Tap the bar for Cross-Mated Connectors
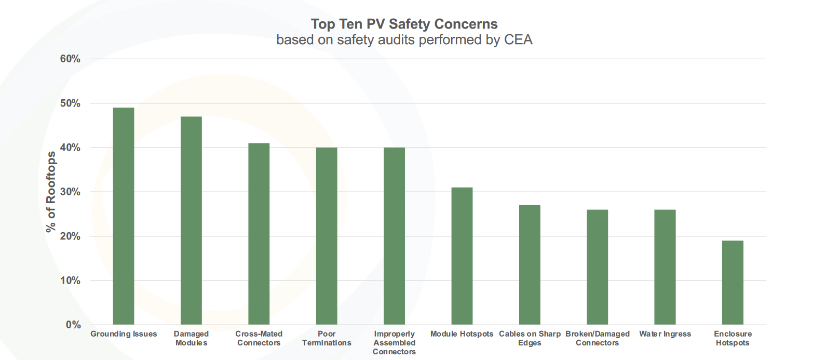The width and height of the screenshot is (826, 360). tap(259, 234)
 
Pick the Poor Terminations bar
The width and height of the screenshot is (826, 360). tap(327, 236)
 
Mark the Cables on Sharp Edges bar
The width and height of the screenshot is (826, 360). tap(530, 265)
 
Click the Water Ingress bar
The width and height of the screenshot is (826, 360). tap(665, 267)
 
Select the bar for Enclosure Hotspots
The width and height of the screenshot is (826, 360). tap(733, 283)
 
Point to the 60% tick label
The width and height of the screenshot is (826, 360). tap(70, 59)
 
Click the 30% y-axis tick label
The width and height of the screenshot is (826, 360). tap(70, 192)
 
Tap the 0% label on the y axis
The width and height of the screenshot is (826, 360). tap(73, 325)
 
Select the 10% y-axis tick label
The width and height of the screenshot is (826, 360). tap(70, 281)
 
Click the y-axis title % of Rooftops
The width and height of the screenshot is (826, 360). tap(51, 192)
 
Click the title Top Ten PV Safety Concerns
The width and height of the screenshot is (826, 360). tap(404, 24)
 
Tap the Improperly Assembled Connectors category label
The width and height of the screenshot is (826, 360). tap(394, 343)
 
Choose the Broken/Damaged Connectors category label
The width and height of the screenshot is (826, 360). tap(597, 338)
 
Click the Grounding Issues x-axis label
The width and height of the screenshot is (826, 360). tap(124, 334)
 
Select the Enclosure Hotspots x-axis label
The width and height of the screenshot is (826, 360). tap(733, 338)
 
